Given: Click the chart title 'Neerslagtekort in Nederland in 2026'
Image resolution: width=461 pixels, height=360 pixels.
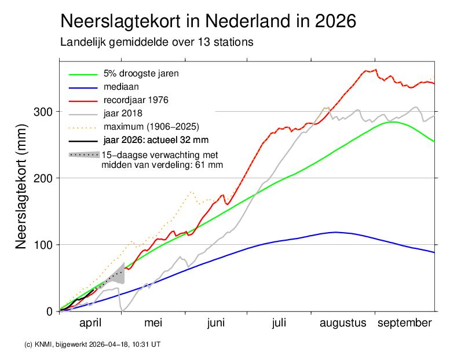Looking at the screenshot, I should (x=208, y=21).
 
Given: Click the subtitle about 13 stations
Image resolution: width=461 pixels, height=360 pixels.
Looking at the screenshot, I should (x=157, y=43).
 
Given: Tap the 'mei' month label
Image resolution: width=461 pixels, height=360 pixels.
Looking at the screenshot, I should (x=153, y=323).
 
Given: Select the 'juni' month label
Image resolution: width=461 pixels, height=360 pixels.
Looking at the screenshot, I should (x=215, y=323).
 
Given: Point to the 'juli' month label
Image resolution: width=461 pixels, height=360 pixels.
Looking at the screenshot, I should (x=279, y=323).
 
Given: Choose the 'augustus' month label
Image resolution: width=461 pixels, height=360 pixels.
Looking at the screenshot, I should (x=343, y=323).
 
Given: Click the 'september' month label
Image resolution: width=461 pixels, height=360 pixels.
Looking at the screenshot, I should (x=405, y=323).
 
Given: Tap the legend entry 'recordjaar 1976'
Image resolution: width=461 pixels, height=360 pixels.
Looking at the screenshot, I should (x=133, y=100).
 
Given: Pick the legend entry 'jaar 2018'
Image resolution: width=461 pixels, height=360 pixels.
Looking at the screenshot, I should (x=123, y=112).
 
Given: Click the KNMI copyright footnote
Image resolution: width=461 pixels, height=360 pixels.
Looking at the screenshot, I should (x=92, y=344).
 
